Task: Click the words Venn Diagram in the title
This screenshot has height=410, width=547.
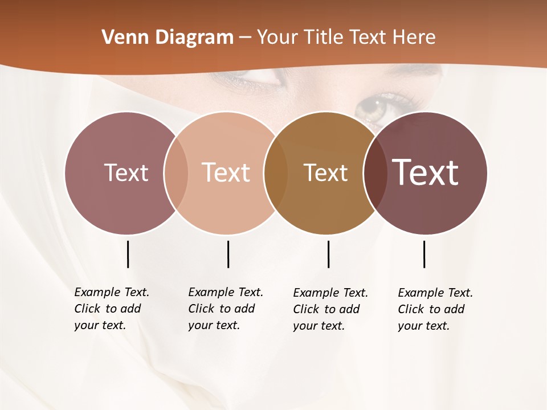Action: (168, 38)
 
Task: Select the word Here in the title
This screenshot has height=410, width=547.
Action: (414, 38)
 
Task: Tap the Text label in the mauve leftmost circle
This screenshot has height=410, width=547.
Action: (126, 173)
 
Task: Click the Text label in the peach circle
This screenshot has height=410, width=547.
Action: (226, 173)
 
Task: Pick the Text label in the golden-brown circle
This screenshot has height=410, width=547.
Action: (325, 173)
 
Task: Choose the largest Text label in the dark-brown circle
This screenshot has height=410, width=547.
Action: (426, 173)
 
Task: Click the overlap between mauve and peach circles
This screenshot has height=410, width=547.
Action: (176, 173)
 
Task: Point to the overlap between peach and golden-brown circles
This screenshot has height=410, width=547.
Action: (276, 173)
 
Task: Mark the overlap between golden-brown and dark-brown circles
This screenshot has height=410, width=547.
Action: (375, 173)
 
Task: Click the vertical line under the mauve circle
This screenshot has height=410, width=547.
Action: (128, 254)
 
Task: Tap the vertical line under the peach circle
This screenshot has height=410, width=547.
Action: (228, 254)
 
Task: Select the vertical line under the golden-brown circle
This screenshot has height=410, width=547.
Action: (328, 254)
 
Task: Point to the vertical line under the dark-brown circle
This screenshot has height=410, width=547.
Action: (424, 254)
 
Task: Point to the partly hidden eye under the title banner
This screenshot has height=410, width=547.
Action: (256, 79)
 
